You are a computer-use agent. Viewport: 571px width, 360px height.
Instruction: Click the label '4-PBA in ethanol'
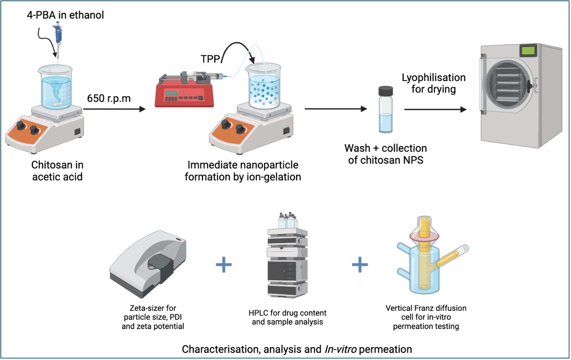(65, 15)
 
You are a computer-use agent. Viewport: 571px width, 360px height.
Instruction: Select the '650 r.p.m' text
(109, 98)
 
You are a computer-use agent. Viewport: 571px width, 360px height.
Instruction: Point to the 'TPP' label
(210, 59)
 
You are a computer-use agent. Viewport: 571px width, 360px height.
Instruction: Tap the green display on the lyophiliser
(528, 50)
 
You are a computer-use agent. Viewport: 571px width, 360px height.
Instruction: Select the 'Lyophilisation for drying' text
(433, 83)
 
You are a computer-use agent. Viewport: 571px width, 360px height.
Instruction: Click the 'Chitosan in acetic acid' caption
(57, 171)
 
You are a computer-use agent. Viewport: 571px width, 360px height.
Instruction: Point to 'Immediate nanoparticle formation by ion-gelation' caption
(243, 171)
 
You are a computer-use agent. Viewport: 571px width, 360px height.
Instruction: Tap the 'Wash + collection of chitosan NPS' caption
(386, 154)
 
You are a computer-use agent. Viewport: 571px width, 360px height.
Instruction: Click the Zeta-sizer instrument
(149, 264)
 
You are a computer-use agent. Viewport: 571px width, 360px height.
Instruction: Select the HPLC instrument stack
(287, 258)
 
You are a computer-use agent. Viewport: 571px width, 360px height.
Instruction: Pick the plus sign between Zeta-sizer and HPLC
(224, 265)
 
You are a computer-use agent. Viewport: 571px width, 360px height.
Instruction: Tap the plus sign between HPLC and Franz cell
(360, 265)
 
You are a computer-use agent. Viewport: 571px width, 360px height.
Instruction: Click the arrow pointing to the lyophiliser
(435, 109)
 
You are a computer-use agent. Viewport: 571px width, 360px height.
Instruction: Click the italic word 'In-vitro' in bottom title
(340, 349)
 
